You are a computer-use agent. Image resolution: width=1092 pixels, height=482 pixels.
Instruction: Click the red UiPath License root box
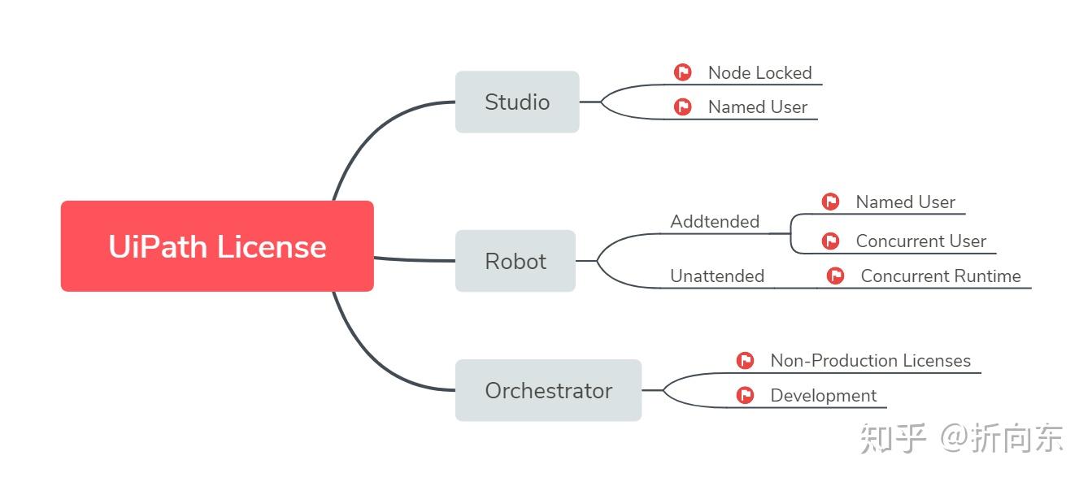point(217,245)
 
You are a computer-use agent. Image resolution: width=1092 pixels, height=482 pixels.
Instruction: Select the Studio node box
point(517,102)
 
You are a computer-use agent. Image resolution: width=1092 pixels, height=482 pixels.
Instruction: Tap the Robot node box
point(516,261)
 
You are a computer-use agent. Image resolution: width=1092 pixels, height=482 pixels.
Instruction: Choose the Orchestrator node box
point(548,390)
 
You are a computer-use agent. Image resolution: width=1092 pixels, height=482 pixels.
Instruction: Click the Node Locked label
point(759,73)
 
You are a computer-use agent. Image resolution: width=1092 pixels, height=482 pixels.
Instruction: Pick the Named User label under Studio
point(757,107)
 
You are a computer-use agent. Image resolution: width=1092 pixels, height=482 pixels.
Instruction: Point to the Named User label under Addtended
point(905,202)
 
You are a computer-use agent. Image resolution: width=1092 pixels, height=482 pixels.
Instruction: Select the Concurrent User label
point(920,241)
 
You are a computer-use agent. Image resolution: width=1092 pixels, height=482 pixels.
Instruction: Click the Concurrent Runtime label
point(940,276)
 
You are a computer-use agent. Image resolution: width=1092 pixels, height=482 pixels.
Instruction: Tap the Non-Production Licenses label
point(870,361)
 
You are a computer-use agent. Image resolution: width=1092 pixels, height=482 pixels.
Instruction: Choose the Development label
point(823,396)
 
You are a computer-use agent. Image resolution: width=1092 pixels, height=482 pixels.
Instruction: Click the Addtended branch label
point(715,222)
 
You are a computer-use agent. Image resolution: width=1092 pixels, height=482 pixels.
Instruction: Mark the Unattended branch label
point(716,276)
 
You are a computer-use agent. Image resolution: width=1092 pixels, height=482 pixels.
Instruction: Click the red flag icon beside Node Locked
point(683,73)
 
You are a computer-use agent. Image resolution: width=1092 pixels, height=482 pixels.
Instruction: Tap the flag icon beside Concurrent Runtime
point(835,276)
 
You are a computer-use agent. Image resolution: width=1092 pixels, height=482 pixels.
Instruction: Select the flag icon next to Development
point(745,396)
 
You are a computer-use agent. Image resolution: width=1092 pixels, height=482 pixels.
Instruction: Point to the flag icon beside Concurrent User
point(830,241)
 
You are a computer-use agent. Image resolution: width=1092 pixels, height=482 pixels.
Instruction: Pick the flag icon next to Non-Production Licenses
point(745,361)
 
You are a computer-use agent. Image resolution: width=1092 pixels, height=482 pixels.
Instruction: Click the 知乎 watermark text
point(893,438)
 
